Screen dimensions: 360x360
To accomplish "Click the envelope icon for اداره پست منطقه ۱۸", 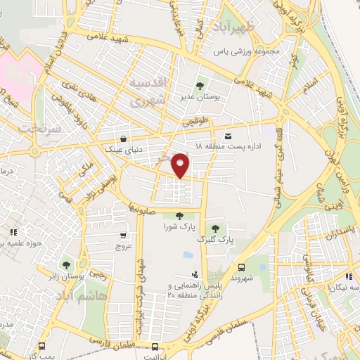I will pos(227,136).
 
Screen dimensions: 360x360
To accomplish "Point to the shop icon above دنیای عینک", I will pos(124,139).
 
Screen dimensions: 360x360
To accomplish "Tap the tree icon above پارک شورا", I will pos(179,216).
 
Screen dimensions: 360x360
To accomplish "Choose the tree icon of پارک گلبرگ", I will pos(214,228).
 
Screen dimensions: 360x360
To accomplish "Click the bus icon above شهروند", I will pos(241,267).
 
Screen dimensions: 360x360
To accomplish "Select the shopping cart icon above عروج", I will pos(124,236).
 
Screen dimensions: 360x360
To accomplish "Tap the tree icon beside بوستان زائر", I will pos(66,265).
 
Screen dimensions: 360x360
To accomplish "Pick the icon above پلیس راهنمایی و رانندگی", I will pos(194,274).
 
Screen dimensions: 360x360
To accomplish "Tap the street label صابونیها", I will pos(141,208).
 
